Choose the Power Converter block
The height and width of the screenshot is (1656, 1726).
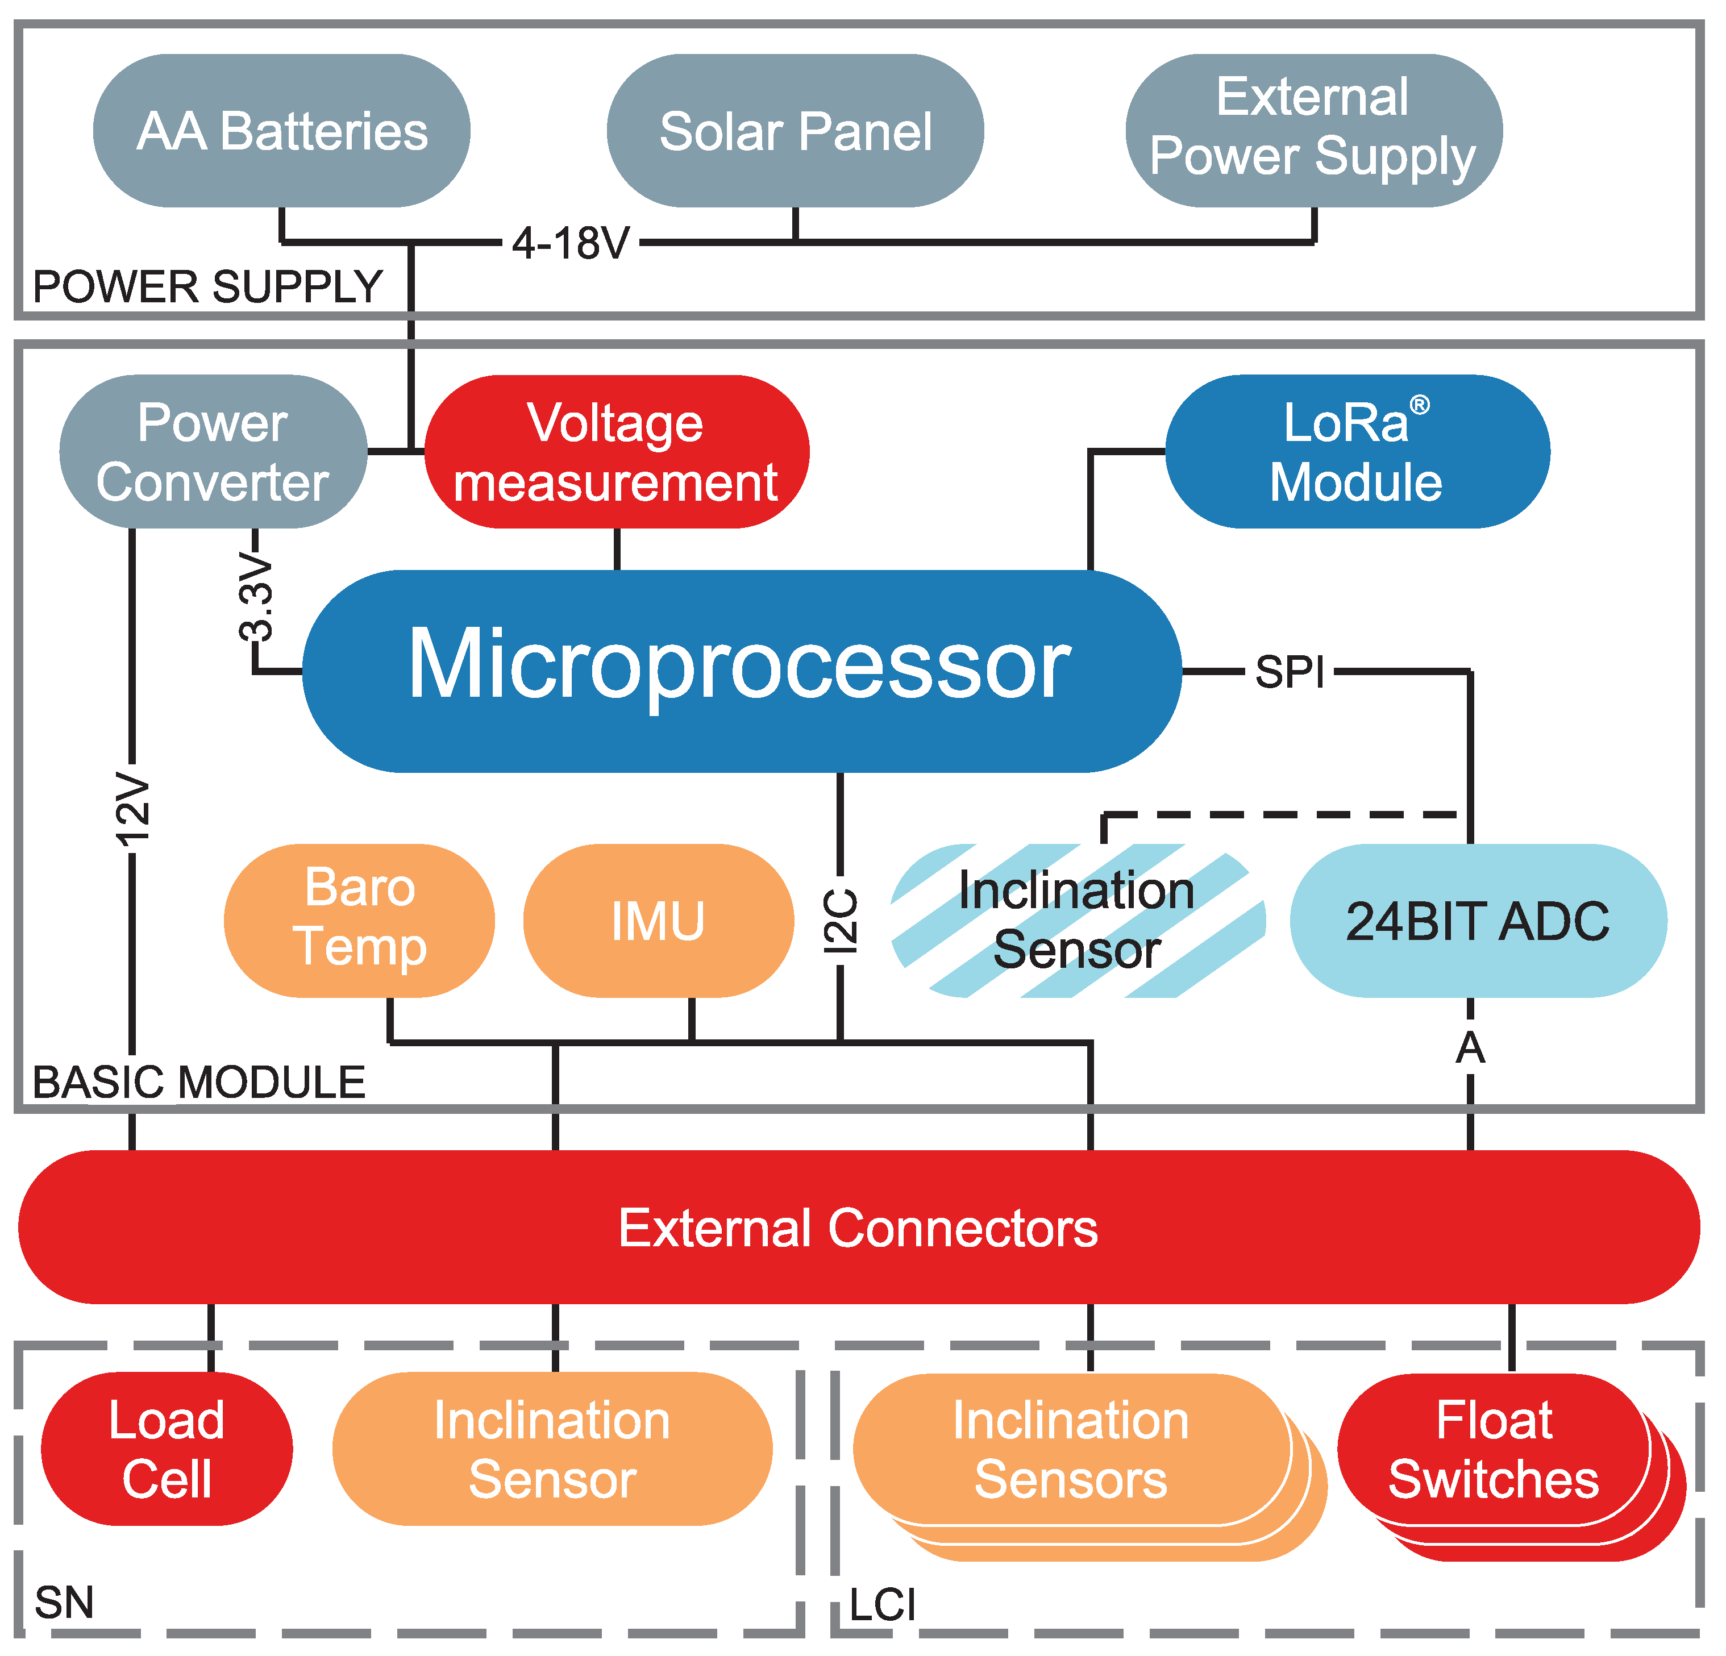[212, 452]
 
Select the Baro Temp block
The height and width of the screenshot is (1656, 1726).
[359, 920]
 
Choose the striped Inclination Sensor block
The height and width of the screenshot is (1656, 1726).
[1077, 920]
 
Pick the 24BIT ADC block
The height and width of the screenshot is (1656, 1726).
[1478, 921]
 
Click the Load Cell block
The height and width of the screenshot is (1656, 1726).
[167, 1448]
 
